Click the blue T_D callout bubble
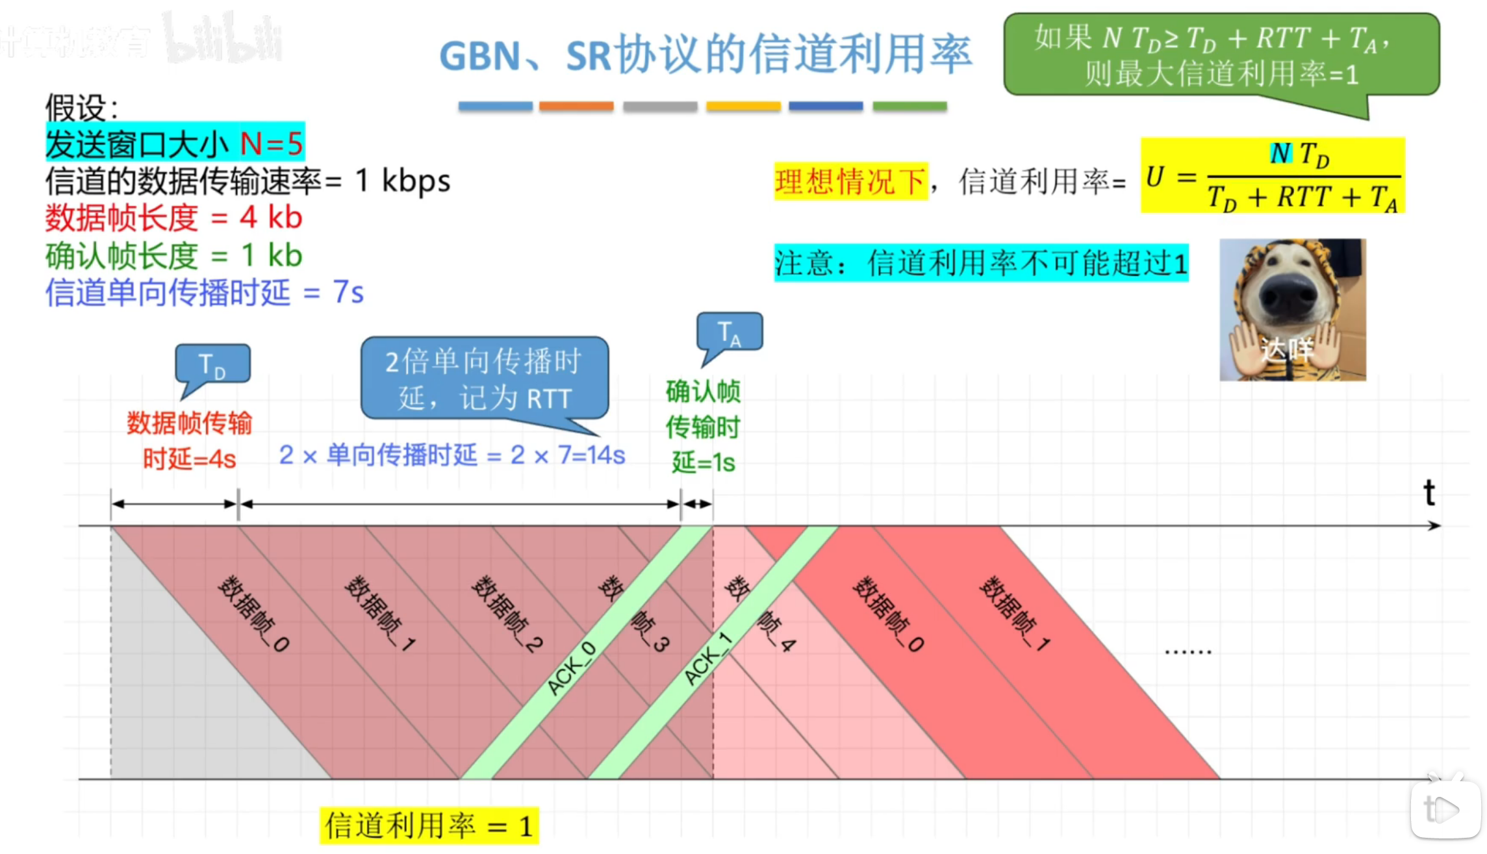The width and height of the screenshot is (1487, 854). click(212, 364)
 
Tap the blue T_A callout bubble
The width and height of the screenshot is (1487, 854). click(730, 332)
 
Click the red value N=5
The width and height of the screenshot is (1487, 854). click(272, 143)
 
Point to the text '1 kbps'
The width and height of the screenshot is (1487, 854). click(403, 181)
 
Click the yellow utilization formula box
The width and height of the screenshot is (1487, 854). click(1272, 175)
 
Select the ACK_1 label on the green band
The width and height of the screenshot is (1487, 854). click(707, 659)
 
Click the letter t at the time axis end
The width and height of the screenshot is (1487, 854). click(1429, 493)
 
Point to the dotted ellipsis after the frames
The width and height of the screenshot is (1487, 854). click(1188, 651)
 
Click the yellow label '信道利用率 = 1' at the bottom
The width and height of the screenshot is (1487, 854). click(429, 826)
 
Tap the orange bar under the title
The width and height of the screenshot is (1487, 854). click(576, 106)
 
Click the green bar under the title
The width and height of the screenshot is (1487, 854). click(909, 106)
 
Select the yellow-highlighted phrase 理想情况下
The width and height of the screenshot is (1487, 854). click(850, 181)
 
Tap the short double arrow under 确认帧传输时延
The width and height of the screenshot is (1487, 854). click(697, 503)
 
